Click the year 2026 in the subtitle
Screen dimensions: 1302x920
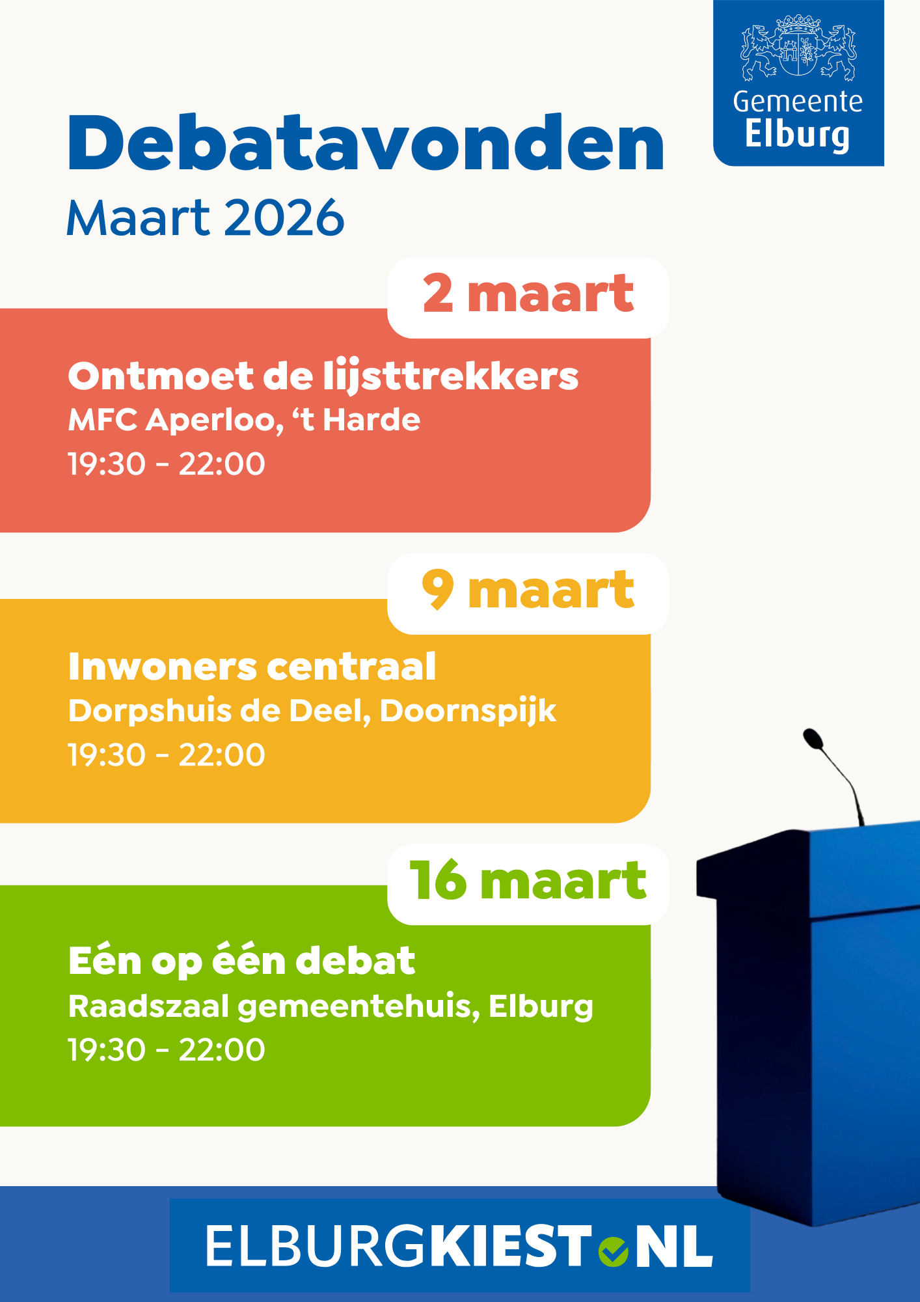click(284, 218)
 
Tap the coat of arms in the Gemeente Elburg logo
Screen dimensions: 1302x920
click(798, 48)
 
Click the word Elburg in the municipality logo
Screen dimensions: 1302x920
click(797, 134)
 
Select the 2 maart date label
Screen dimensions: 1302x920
click(528, 295)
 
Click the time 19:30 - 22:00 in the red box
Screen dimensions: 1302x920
click(167, 464)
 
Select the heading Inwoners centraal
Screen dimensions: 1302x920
click(252, 667)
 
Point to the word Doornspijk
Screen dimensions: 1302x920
click(468, 710)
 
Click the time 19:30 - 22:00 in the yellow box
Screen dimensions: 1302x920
click(167, 755)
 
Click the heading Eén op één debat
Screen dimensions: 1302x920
click(241, 961)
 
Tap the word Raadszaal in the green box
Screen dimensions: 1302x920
click(148, 1006)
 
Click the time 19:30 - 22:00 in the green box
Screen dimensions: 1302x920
click(167, 1050)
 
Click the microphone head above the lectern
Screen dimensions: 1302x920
click(813, 739)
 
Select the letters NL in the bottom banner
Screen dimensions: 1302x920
click(673, 1247)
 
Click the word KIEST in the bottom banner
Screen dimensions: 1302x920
click(509, 1247)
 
